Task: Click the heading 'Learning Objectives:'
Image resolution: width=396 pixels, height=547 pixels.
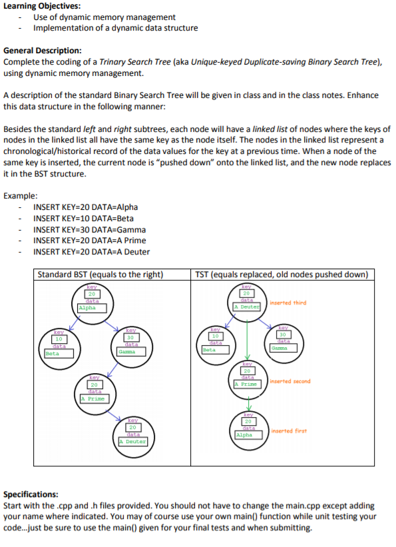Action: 42,6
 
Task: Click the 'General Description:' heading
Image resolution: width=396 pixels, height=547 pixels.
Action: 43,51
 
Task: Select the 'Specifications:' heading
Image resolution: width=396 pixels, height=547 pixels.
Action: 31,494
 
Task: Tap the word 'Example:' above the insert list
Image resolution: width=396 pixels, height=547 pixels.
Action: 21,196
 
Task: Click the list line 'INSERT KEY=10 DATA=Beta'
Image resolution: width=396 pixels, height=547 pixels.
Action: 83,219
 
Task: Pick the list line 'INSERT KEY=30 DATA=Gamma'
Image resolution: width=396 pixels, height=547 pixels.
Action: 90,230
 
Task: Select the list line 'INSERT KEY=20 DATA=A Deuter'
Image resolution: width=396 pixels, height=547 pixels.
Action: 91,252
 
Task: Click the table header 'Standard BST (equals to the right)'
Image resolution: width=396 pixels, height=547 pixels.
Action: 100,274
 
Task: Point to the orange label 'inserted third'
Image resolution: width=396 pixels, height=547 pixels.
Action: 288,302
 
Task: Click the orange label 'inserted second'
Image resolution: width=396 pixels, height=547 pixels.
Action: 290,381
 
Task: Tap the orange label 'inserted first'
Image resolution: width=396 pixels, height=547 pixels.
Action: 289,431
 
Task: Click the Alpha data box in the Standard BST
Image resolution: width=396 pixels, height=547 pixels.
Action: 92,308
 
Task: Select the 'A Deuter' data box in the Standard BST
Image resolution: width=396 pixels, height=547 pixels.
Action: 133,442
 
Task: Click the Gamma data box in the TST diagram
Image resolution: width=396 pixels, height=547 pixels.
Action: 284,348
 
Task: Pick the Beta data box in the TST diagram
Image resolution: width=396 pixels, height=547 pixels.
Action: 216,350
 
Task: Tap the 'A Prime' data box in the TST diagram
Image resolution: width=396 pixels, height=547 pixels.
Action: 247,384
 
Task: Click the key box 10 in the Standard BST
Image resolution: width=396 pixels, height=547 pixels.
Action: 59,339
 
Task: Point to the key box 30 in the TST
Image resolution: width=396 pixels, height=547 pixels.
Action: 283,334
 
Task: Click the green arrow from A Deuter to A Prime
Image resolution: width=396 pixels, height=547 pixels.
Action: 247,340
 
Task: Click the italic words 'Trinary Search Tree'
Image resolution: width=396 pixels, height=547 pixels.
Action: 135,62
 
